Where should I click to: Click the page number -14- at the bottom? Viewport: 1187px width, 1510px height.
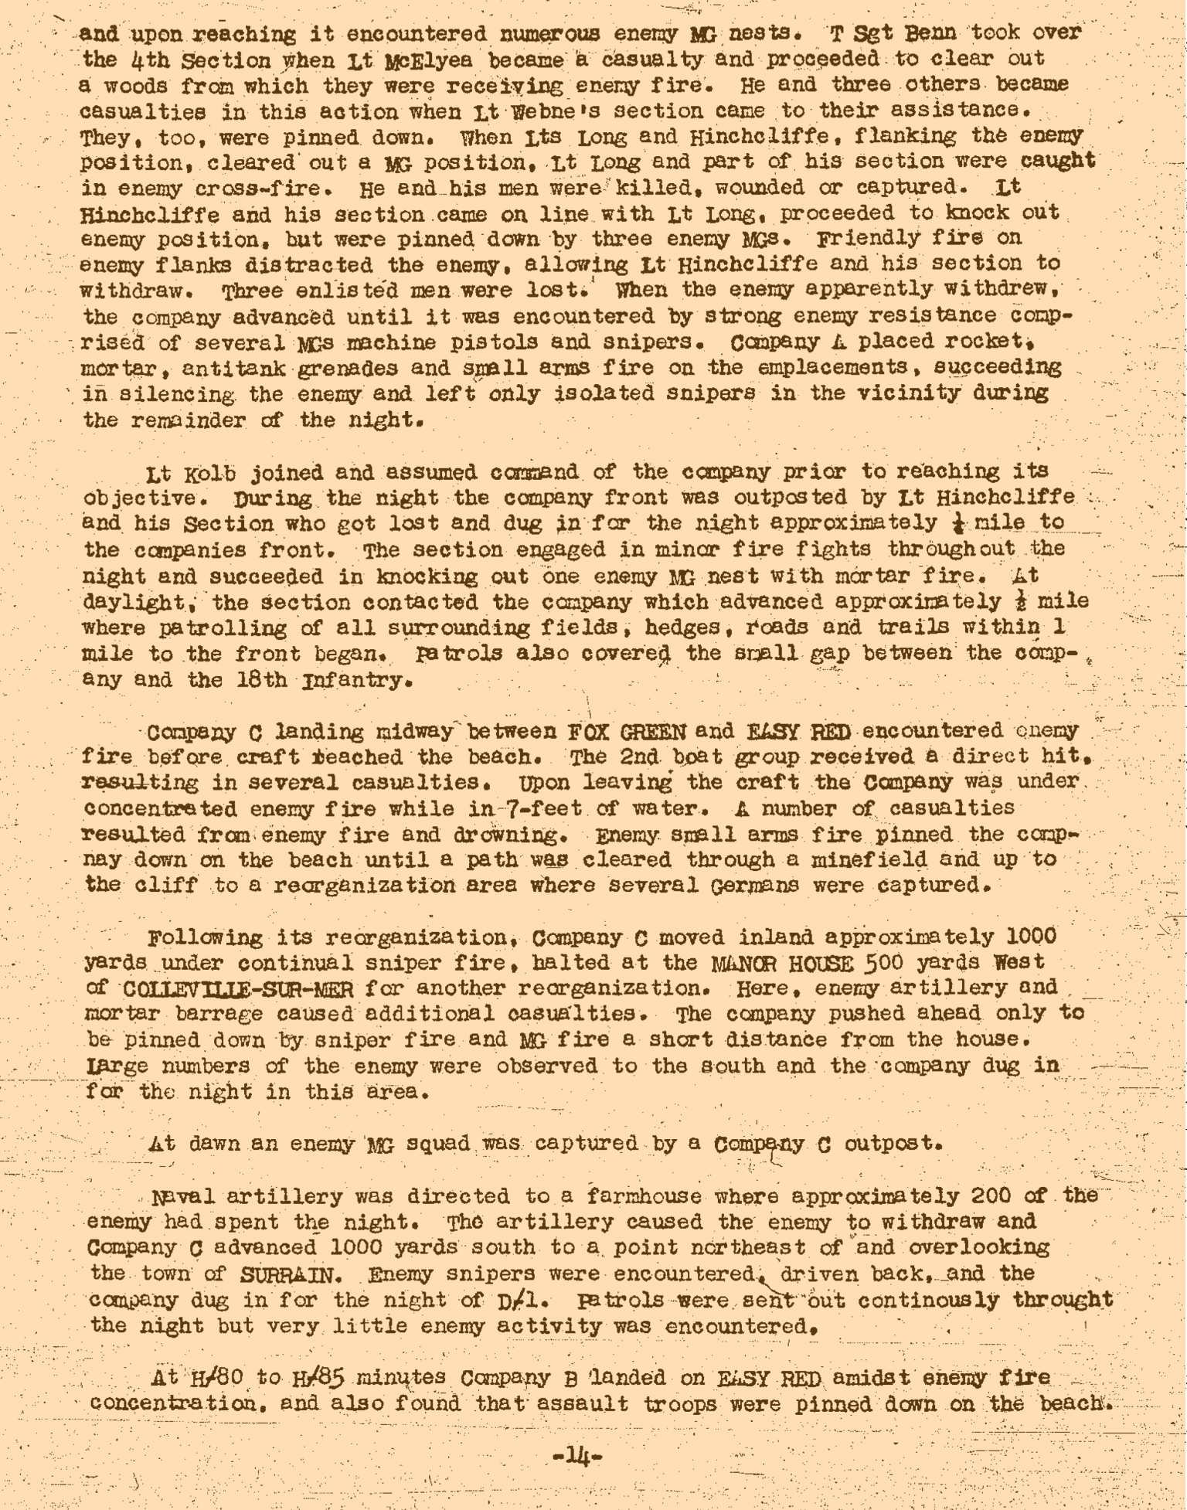578,1456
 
